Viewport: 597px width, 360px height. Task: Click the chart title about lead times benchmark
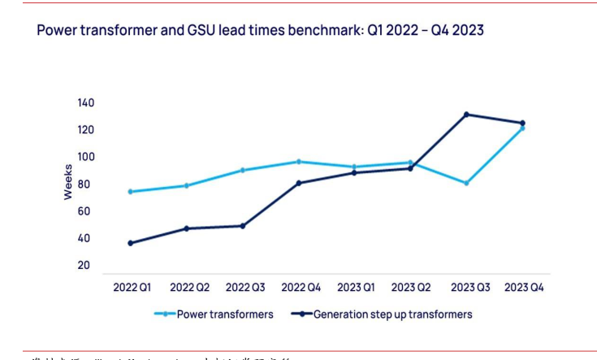pos(260,30)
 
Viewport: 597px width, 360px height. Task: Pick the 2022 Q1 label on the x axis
pos(132,287)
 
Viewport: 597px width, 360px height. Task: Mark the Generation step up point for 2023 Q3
pos(466,115)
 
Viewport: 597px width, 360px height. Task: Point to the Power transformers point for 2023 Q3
pos(466,184)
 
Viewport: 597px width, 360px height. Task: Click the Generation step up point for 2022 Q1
pos(130,243)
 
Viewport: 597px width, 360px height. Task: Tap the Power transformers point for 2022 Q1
pos(130,192)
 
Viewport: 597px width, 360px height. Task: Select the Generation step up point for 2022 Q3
pos(242,226)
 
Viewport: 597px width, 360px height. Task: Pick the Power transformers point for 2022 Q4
pos(298,162)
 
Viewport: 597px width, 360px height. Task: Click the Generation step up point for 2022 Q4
pos(298,183)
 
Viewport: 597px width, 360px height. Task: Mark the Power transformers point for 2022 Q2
pos(186,185)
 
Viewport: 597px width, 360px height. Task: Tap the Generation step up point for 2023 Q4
pos(522,123)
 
